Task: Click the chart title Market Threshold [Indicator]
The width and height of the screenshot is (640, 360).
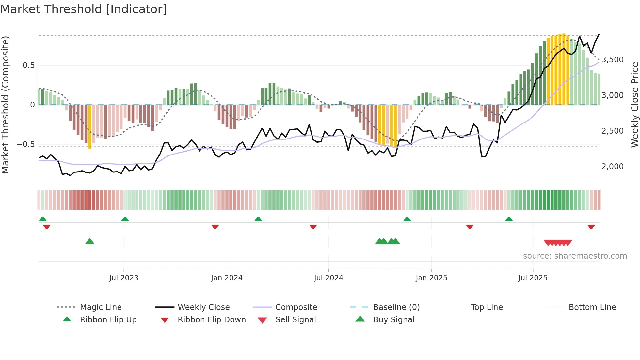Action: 84,9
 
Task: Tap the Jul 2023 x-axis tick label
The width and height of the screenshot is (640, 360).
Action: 124,278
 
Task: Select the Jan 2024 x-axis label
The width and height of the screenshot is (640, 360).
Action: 227,278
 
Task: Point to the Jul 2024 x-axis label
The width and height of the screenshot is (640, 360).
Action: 328,278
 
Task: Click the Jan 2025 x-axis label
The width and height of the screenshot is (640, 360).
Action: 431,278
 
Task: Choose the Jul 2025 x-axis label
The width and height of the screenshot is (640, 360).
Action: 533,278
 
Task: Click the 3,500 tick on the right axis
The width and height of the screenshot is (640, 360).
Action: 612,60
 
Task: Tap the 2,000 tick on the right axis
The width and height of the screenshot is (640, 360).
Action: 612,167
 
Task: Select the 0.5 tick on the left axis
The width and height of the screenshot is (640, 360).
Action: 28,65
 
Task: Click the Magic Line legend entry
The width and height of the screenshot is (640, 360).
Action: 101,307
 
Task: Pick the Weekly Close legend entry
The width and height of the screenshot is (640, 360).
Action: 203,307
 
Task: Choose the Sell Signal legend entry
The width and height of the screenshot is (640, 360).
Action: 295,320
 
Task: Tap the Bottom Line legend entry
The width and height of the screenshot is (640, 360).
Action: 592,307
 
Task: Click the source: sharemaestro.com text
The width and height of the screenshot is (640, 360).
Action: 575,256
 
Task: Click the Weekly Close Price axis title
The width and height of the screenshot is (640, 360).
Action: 634,105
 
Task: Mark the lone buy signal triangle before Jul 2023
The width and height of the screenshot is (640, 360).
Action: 90,241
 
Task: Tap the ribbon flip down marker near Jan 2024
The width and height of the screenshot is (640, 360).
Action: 215,227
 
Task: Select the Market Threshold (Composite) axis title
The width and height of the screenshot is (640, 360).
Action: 6,105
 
